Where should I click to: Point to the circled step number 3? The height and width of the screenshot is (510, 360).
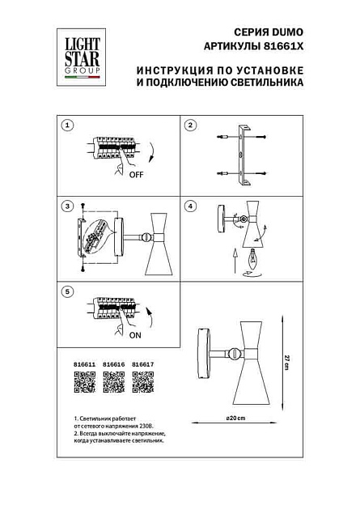click(x=69, y=206)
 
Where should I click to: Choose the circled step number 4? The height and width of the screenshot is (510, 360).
click(x=191, y=206)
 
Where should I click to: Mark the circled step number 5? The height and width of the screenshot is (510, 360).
click(x=69, y=289)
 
